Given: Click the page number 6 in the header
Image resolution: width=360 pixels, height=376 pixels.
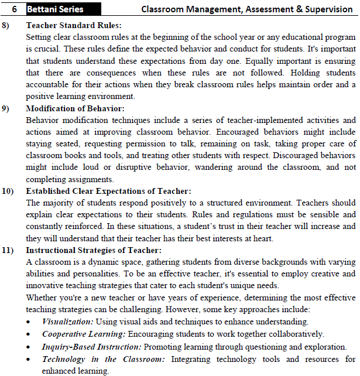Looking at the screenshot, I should coord(13,9).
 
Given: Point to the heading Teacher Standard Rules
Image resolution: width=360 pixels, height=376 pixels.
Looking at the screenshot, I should coord(74,26).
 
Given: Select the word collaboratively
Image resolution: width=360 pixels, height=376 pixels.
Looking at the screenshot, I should coord(294,334).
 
